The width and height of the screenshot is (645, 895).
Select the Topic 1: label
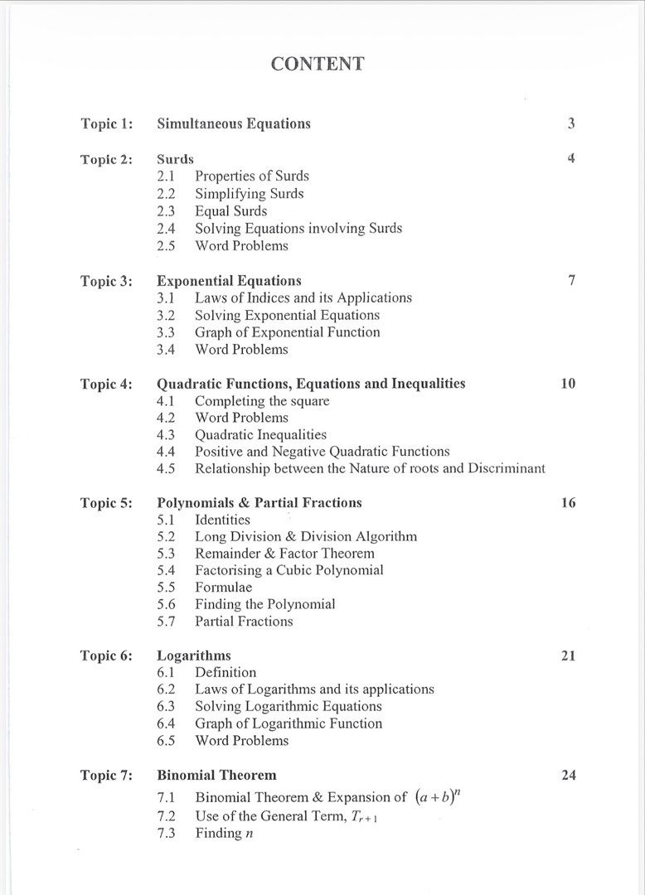point(106,124)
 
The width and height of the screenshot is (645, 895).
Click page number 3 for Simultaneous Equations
point(571,124)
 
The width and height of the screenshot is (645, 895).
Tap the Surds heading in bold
point(175,158)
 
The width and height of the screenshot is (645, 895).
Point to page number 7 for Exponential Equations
point(571,280)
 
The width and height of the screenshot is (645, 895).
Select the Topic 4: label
point(106,384)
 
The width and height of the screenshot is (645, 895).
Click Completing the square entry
point(262,401)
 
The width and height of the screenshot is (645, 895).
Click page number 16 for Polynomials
point(568,503)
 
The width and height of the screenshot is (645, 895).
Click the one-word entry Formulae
point(223,588)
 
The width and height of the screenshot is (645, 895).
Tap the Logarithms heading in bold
point(194,656)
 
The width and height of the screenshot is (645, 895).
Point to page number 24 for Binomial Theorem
point(568,776)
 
